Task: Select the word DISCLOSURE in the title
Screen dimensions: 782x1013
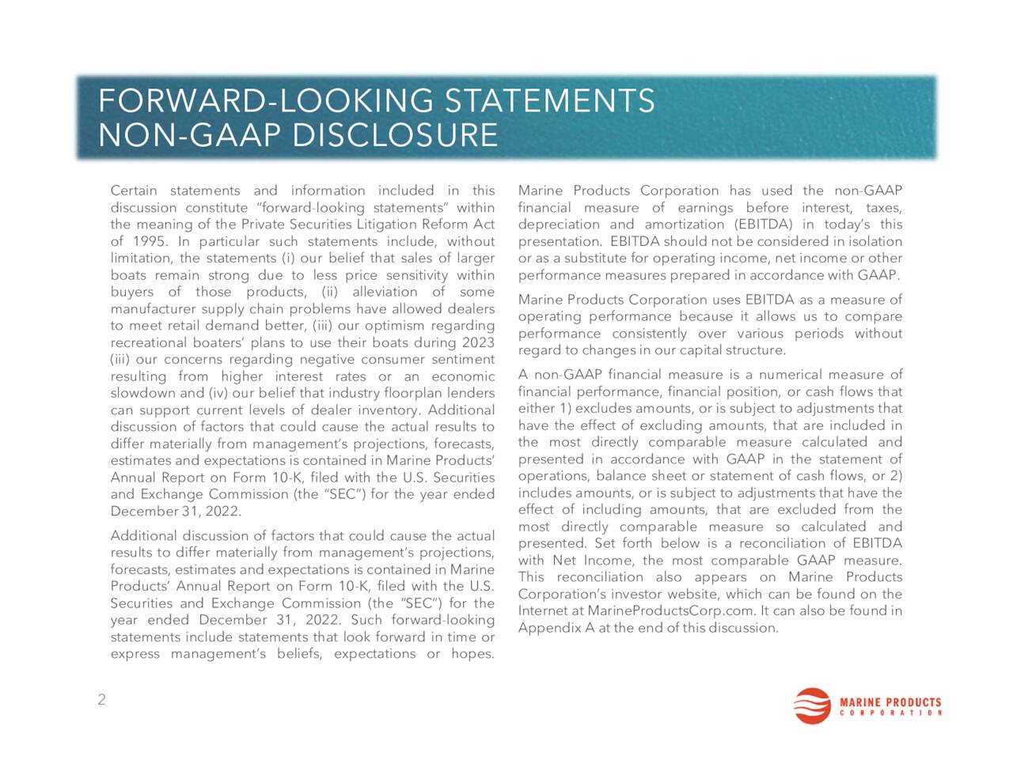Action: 395,136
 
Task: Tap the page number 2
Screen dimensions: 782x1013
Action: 101,700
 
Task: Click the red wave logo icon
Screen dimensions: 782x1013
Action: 813,706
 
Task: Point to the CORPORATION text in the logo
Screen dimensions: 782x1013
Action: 890,713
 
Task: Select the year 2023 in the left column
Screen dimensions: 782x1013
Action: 477,342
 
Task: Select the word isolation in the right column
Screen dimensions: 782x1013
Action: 876,241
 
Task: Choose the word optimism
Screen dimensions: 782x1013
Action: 393,326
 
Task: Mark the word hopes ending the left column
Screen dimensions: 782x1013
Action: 472,654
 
